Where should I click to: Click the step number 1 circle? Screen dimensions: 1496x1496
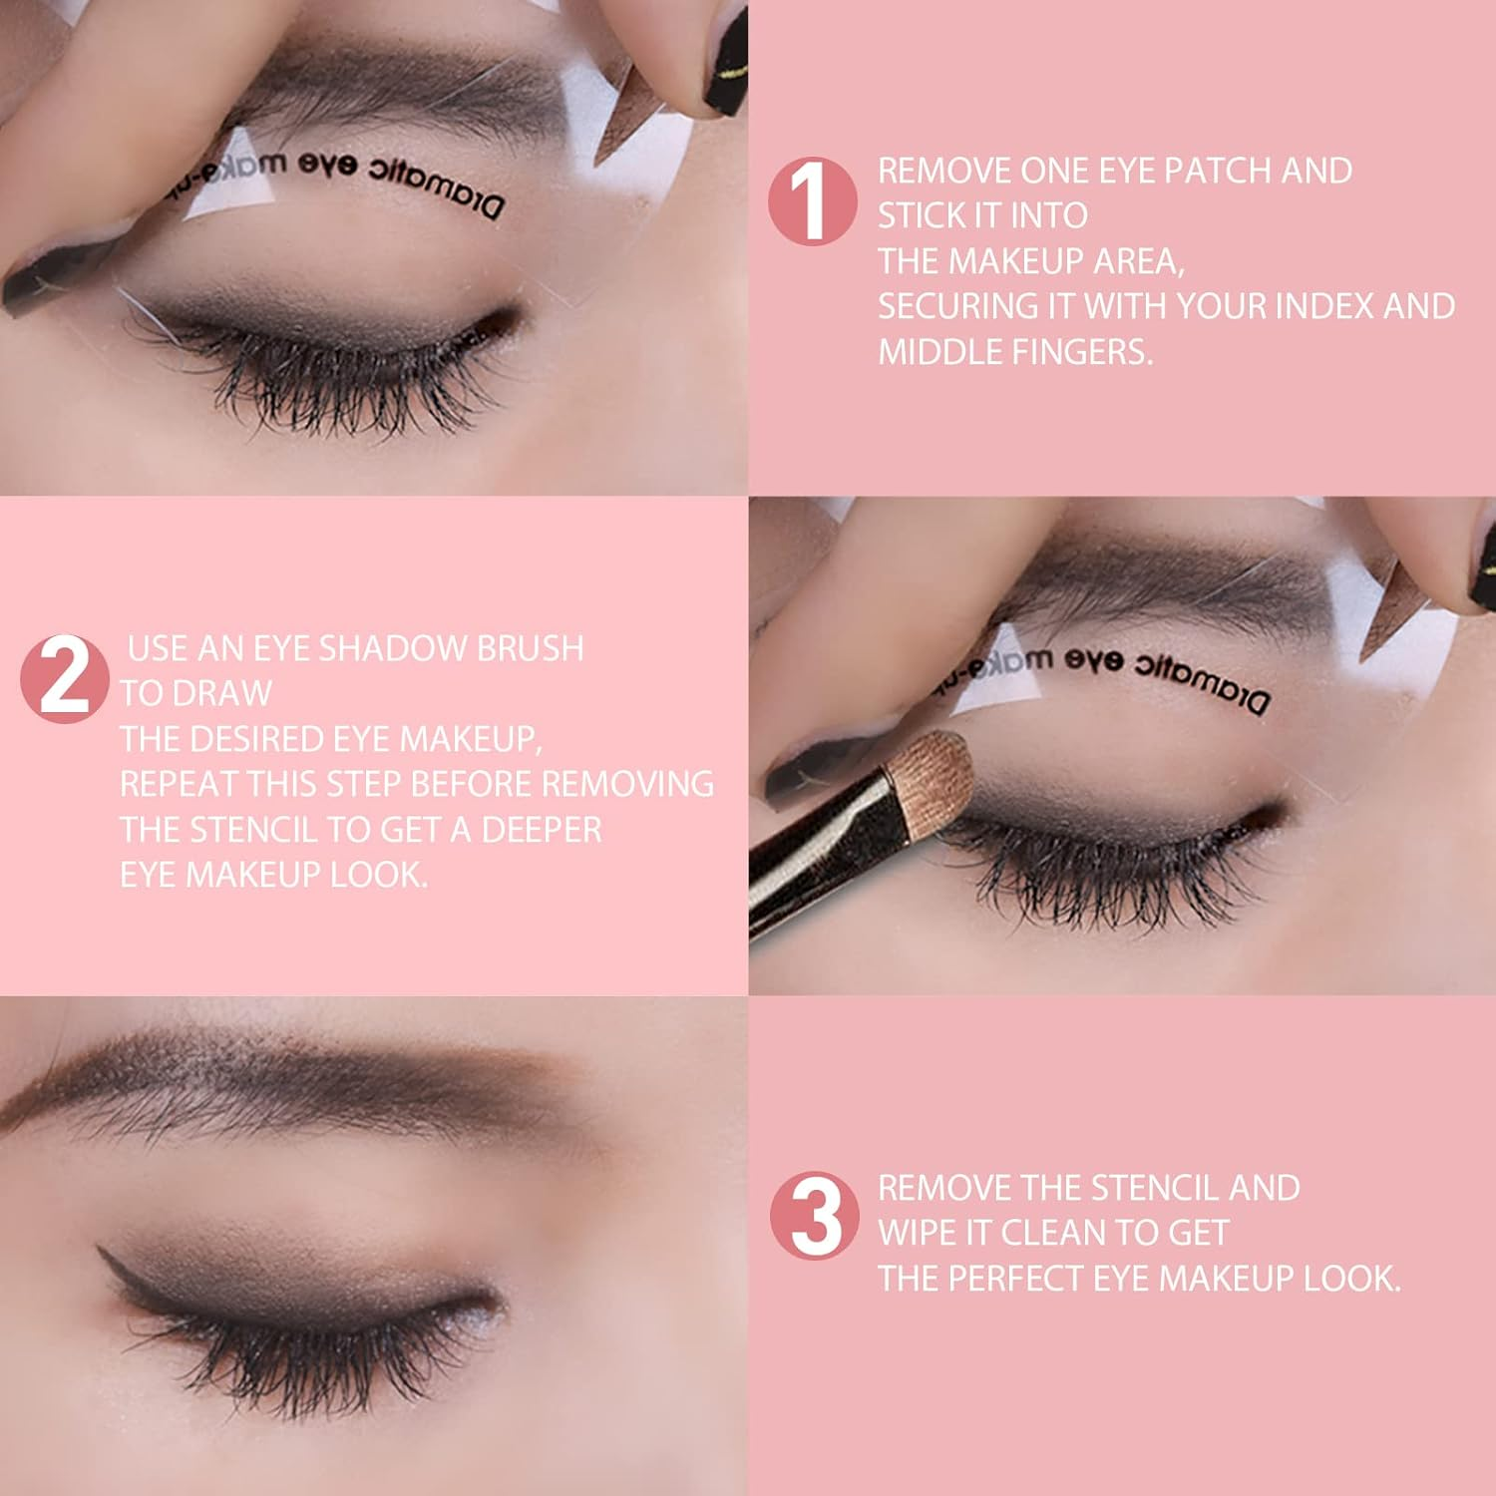pos(812,201)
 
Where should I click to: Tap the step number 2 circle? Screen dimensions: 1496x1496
pos(65,679)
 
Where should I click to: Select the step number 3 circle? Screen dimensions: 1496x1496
pos(815,1216)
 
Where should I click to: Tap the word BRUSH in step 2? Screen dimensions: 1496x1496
pos(530,648)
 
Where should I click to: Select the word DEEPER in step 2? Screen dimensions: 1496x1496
pos(542,830)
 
